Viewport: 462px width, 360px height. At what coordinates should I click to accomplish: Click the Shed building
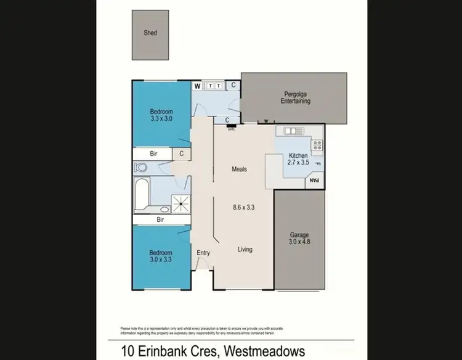(151, 35)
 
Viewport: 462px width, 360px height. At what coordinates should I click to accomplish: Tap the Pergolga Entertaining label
(295, 97)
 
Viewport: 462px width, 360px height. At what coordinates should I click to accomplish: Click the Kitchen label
(298, 156)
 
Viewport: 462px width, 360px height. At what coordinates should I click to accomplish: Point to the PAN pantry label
(314, 181)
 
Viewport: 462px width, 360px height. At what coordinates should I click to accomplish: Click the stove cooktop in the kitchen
(317, 146)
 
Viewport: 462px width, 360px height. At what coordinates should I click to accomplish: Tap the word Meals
(239, 169)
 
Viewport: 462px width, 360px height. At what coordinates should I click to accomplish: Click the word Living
(245, 249)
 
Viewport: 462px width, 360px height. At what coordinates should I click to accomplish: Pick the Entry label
(203, 253)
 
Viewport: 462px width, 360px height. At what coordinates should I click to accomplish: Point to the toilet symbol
(140, 167)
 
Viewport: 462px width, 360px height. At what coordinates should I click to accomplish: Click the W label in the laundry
(198, 86)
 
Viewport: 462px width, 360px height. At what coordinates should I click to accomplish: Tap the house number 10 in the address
(117, 351)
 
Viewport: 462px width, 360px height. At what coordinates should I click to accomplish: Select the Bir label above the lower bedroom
(160, 219)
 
